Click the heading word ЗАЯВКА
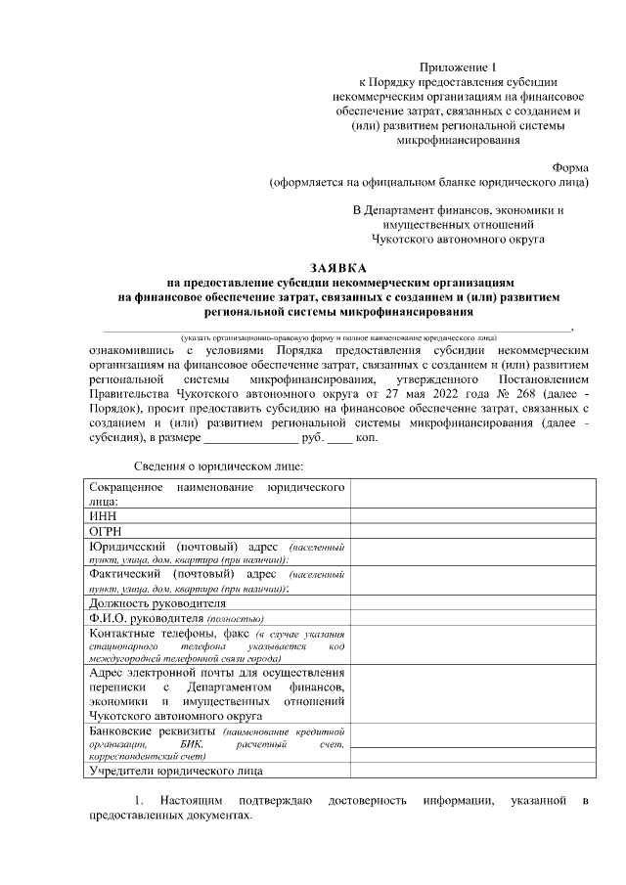tap(337, 267)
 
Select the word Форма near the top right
tap(570, 167)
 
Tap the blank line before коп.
tap(338, 437)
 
